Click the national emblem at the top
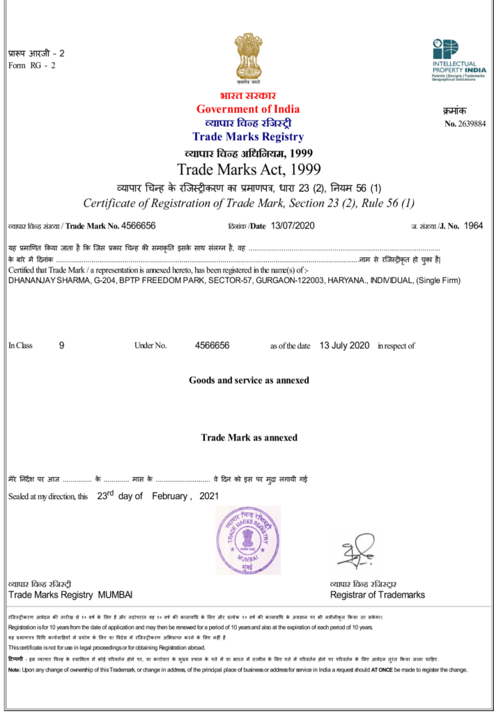248,58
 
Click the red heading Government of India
248,109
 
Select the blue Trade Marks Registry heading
248,137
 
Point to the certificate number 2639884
471,124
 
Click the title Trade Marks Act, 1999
247,169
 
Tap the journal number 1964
473,226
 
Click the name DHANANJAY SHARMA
41,280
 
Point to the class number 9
62,345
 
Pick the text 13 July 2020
344,345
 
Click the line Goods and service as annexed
249,381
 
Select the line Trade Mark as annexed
249,438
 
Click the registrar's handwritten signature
357,551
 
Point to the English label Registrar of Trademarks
377,595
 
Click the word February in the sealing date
168,496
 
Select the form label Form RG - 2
31,66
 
